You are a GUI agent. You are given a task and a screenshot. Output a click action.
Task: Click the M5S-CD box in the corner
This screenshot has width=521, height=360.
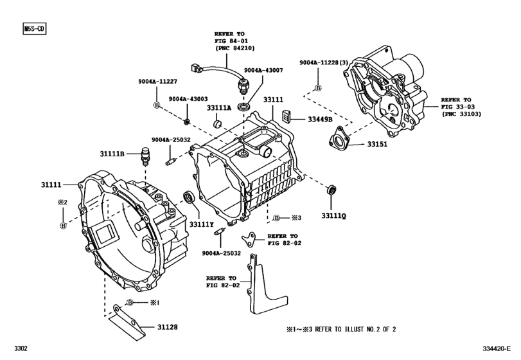tap(35, 29)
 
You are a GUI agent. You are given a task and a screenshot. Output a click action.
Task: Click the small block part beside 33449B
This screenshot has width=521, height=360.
tap(287, 116)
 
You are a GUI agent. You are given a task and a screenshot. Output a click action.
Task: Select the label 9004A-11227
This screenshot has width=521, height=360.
tap(157, 81)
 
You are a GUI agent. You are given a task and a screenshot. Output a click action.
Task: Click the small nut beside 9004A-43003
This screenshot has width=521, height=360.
tap(186, 122)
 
